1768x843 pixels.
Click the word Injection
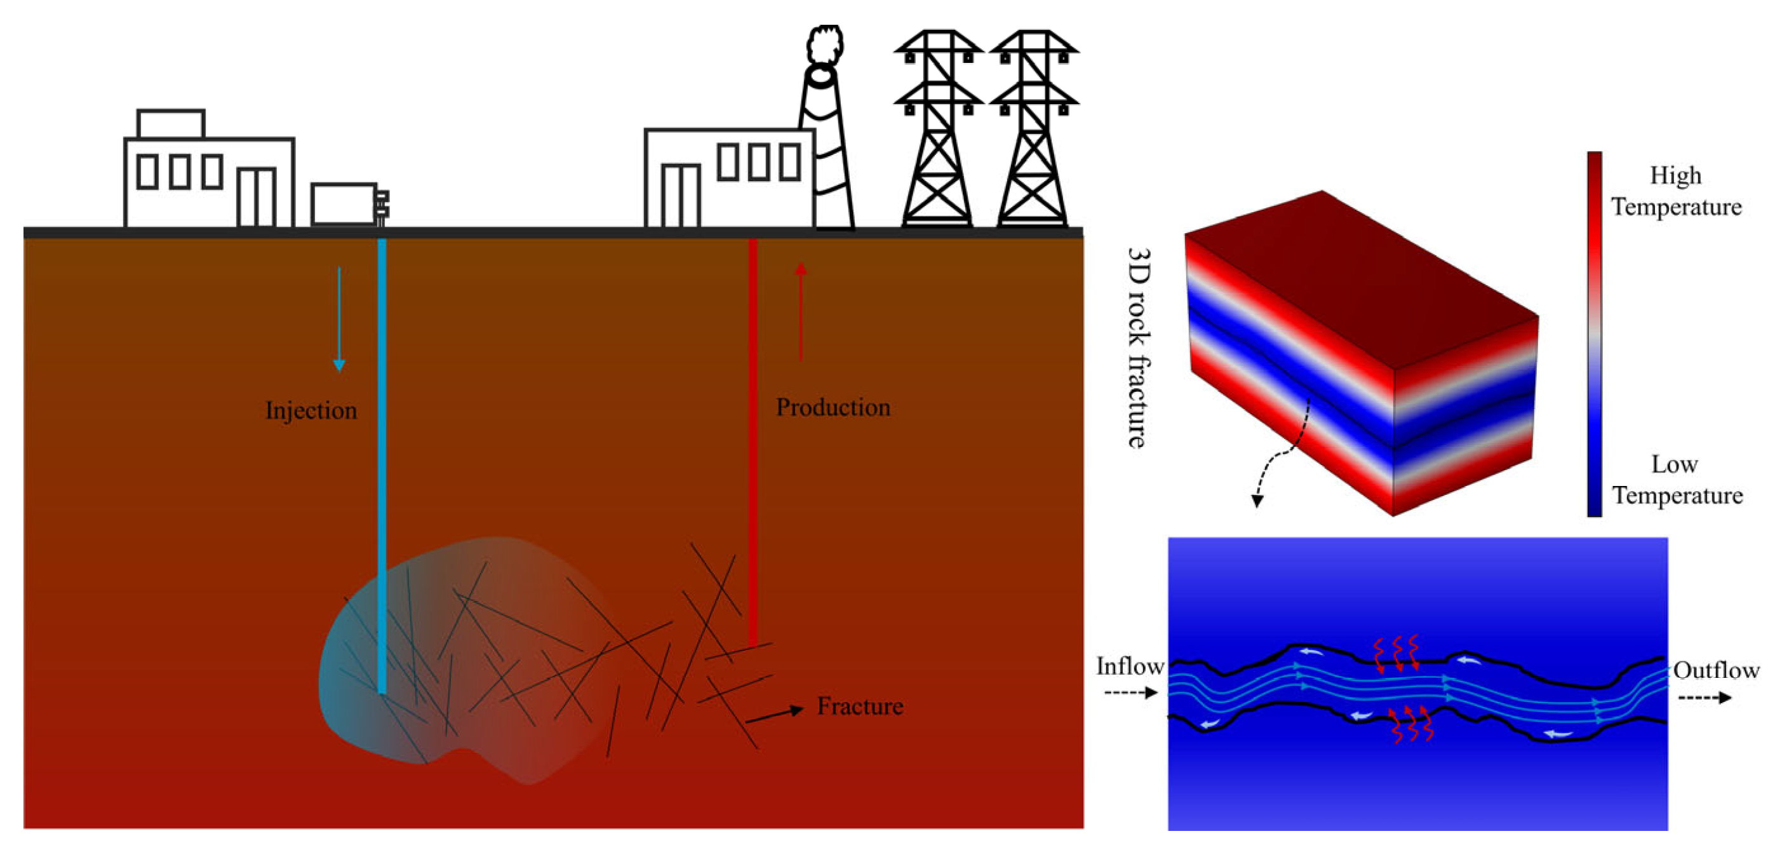coord(311,410)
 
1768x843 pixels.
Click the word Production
coord(833,407)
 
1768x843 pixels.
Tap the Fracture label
coord(859,706)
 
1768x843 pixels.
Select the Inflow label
coord(1130,666)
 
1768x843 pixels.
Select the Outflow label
coord(1716,670)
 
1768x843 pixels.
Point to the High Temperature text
coord(1676,191)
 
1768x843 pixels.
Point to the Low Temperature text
coord(1676,479)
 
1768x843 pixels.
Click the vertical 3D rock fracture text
coord(1139,348)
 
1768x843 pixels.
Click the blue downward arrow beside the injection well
coord(339,319)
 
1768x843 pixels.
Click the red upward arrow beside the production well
coord(800,313)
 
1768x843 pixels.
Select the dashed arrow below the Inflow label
coord(1130,692)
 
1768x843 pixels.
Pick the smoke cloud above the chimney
coord(825,44)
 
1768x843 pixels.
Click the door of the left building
coord(257,197)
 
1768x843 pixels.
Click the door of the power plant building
coord(681,196)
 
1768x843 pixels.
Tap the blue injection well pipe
coord(382,467)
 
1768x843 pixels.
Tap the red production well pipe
coord(753,440)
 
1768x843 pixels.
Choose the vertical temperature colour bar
coord(1595,334)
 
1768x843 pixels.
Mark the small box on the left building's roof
coord(171,125)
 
